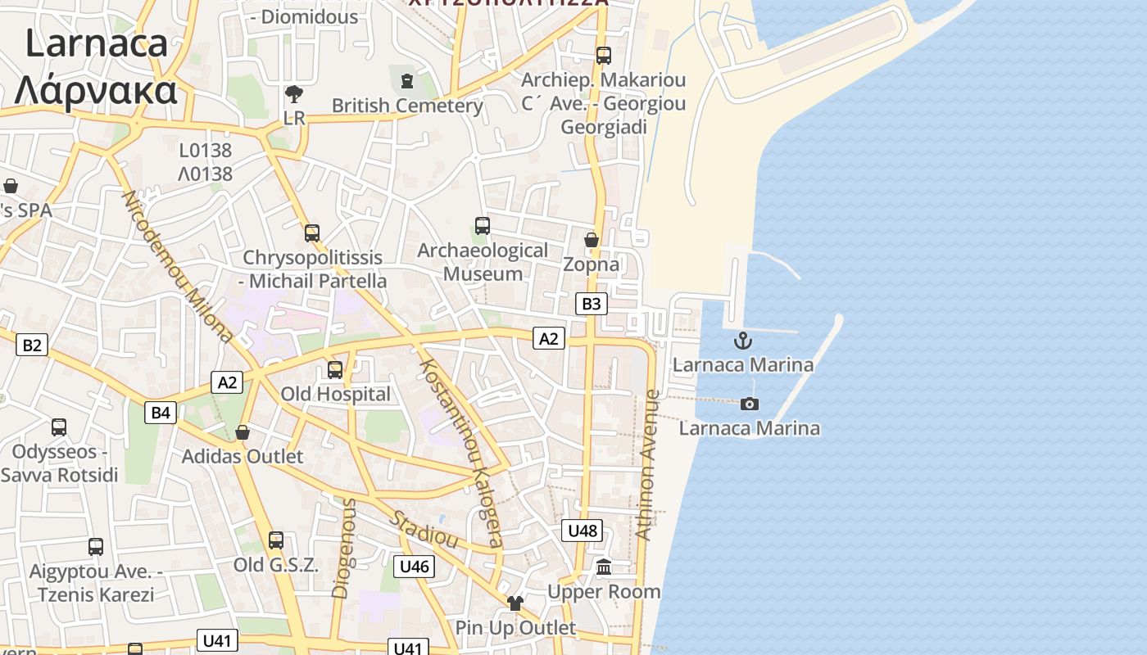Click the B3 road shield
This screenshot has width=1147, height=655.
click(590, 304)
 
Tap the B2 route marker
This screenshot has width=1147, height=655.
click(31, 345)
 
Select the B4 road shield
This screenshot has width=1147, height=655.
click(161, 413)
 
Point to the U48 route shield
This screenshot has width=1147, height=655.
click(583, 530)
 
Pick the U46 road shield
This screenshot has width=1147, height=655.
click(415, 566)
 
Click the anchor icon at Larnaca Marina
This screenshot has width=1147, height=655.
click(743, 340)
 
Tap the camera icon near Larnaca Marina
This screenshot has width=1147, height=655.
click(749, 404)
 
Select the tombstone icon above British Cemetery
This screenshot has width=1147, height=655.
click(407, 80)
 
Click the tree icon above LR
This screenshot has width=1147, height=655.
click(293, 94)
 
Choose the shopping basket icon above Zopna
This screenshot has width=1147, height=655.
click(592, 240)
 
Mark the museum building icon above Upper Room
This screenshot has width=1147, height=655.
click(604, 567)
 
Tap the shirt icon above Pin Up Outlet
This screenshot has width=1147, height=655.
click(515, 603)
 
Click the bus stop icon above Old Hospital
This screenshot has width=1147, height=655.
click(335, 369)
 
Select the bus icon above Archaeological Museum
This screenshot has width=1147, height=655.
click(483, 226)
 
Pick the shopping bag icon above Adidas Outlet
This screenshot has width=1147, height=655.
click(243, 431)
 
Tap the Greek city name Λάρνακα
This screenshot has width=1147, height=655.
click(96, 89)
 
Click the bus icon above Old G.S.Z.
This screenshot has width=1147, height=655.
click(276, 540)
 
